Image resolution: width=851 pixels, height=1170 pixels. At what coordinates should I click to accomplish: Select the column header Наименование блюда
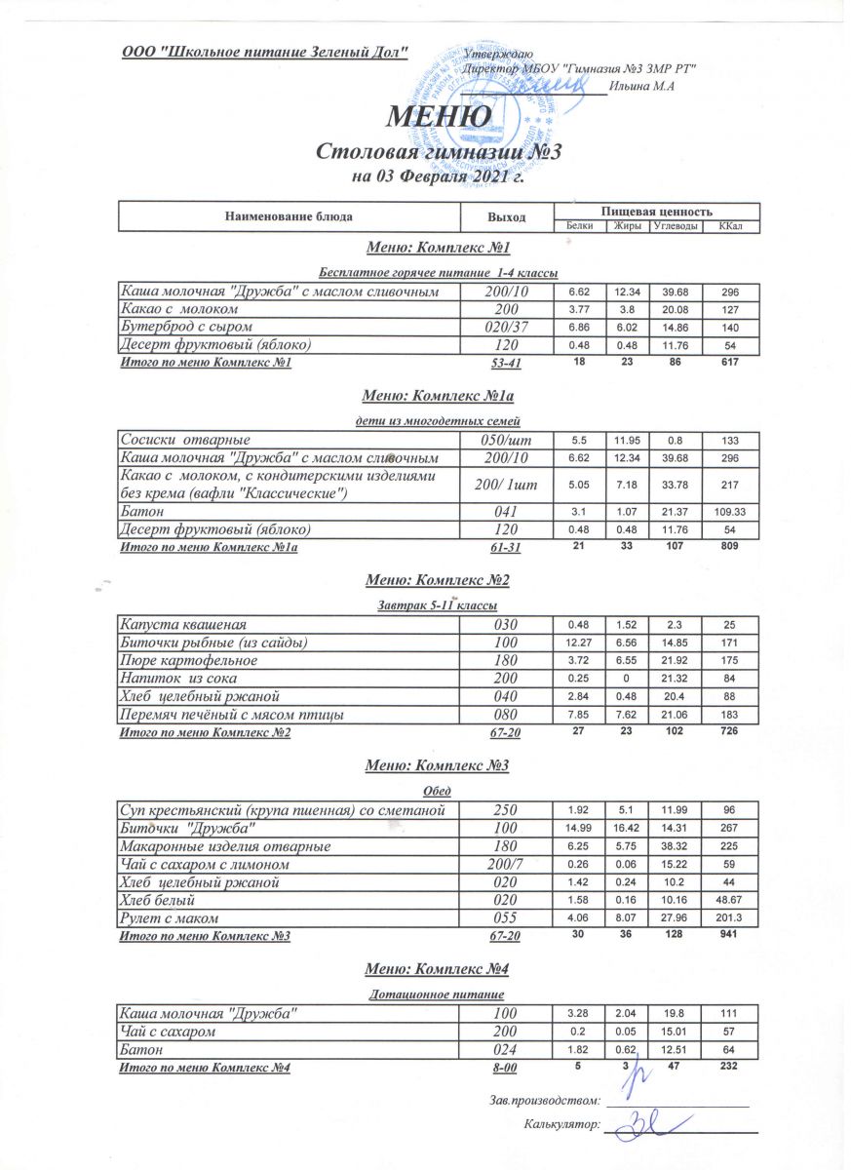289,215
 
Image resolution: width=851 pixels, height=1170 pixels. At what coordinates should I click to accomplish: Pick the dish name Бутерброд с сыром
187,327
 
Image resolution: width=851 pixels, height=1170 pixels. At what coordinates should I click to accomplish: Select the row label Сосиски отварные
183,440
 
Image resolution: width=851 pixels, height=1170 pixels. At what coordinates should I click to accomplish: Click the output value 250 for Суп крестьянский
506,810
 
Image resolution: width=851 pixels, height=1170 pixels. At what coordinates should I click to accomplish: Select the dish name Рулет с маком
168,918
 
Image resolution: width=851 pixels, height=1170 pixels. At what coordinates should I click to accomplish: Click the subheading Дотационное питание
438,995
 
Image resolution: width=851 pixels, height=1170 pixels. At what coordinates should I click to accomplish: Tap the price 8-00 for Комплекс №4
506,1070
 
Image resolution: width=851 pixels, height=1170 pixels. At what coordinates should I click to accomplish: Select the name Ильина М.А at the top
641,88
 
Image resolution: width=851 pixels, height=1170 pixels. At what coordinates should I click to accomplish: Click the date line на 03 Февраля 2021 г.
438,177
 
